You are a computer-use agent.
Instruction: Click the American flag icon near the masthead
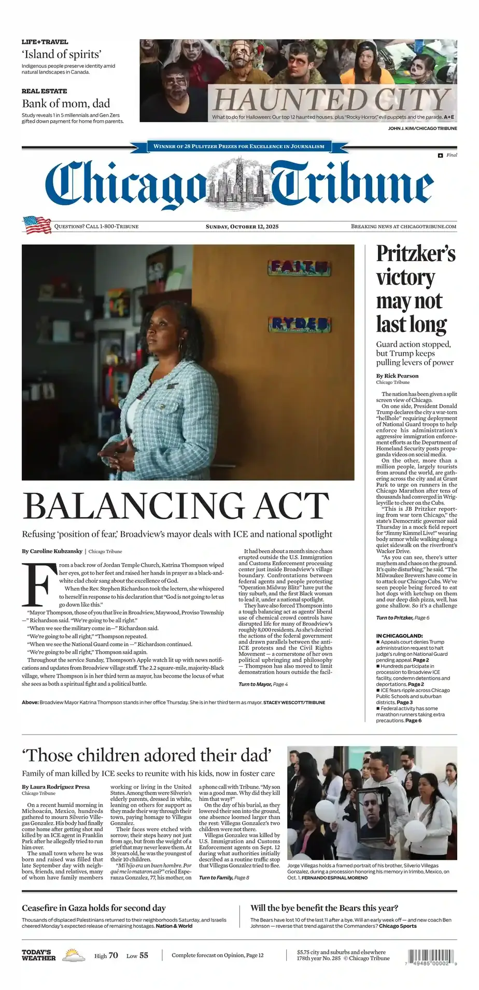coord(37,225)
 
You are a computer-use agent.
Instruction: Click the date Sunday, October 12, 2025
coord(242,226)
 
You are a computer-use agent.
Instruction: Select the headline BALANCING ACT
coord(176,505)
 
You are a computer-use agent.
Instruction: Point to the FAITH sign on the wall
coord(299,267)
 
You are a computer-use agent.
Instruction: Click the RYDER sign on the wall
coord(300,324)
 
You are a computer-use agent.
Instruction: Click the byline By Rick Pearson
coord(397,376)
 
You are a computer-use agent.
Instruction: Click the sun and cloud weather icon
coord(74,955)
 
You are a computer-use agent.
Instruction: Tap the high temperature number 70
coord(114,955)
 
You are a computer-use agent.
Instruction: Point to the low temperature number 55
coord(144,955)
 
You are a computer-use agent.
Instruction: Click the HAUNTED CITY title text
coord(331,99)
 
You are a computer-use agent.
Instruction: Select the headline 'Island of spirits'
coord(61,54)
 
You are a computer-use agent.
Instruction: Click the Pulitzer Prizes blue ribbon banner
coord(239,147)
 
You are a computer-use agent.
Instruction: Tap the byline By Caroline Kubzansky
coord(52,551)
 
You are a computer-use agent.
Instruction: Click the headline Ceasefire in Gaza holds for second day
coord(94,908)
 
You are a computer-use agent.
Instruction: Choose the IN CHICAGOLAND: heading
coord(399,636)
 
